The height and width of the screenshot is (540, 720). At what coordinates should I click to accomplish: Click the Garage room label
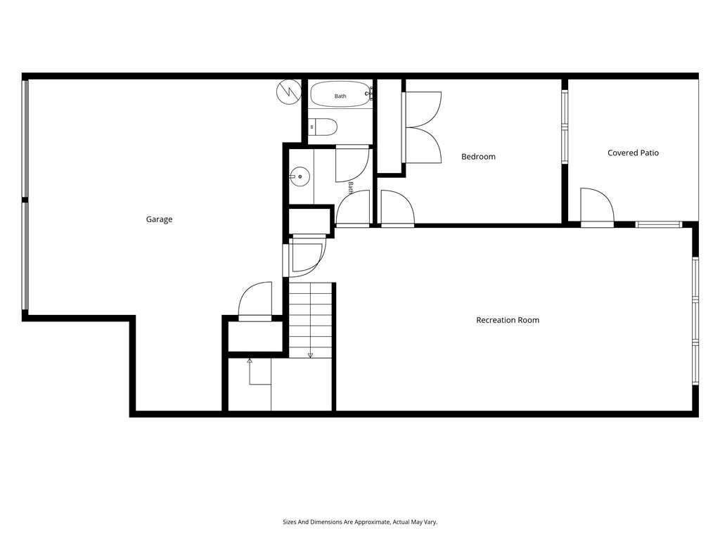(x=159, y=219)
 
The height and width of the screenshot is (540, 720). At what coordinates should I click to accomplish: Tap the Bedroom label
(x=478, y=157)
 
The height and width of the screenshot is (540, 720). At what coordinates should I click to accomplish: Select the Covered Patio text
(x=633, y=153)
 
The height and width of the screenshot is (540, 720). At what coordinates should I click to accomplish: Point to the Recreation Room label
(x=508, y=320)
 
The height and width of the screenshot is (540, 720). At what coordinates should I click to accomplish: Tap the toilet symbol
(x=323, y=127)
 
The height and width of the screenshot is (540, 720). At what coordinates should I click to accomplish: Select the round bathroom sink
(x=300, y=176)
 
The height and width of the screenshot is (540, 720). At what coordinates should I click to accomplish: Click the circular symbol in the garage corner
(x=289, y=92)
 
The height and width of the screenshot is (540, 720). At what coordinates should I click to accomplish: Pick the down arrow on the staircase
(x=310, y=355)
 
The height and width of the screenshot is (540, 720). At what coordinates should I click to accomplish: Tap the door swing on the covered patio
(x=597, y=205)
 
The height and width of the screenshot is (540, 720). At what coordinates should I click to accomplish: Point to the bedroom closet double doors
(x=423, y=127)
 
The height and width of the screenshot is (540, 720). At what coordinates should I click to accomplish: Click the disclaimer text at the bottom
(x=360, y=522)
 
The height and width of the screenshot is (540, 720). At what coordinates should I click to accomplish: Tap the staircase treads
(x=310, y=320)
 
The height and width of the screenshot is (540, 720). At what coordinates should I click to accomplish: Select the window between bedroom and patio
(x=565, y=127)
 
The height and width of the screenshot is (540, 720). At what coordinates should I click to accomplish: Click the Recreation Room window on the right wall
(x=695, y=321)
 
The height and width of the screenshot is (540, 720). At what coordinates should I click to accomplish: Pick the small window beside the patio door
(x=659, y=224)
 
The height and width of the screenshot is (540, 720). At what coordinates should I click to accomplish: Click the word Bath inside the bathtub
(x=340, y=96)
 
